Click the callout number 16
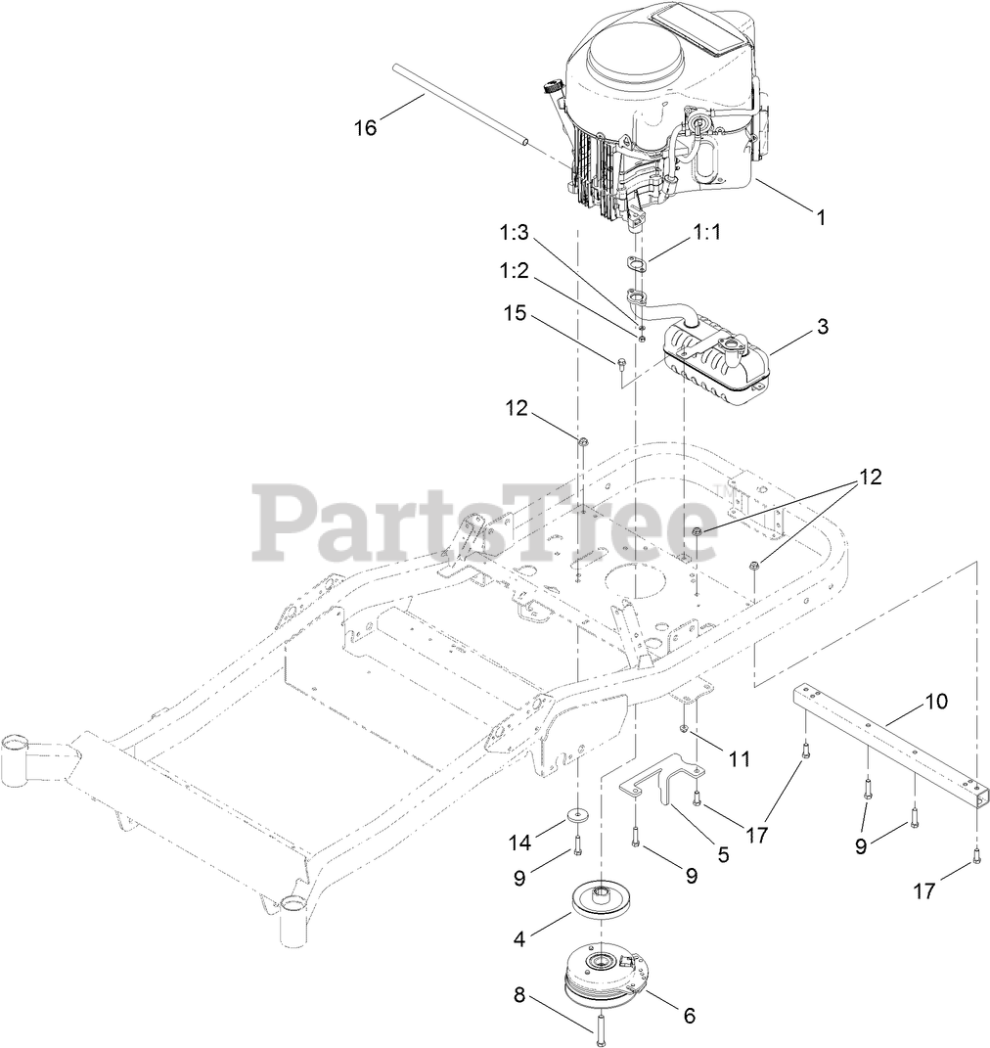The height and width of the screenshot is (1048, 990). tap(365, 127)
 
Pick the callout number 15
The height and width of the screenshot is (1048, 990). tap(516, 314)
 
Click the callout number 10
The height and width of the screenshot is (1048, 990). tap(936, 701)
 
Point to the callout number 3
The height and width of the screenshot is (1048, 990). tap(823, 327)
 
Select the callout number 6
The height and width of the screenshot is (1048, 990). tap(689, 1016)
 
